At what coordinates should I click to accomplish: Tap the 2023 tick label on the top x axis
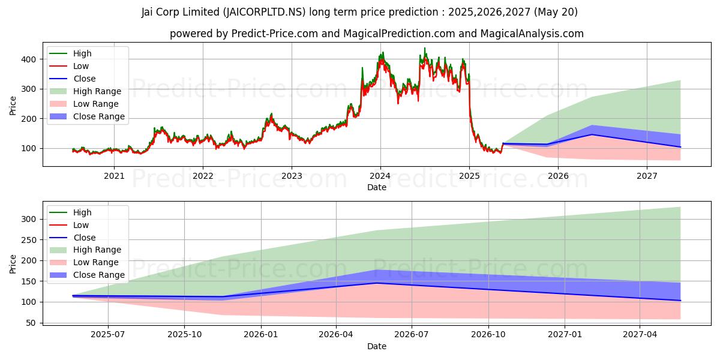[x=292, y=176]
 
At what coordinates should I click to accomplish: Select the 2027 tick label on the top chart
[x=647, y=176]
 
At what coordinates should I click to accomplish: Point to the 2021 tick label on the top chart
[x=114, y=176]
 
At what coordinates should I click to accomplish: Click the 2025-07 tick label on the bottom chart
[x=108, y=335]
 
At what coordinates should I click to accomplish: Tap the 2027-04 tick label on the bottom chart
[x=640, y=335]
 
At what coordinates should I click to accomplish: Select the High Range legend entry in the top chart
[x=97, y=91]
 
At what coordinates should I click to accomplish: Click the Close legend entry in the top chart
[x=85, y=79]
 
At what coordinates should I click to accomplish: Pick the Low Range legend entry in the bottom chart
[x=96, y=262]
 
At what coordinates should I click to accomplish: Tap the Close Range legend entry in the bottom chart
[x=99, y=275]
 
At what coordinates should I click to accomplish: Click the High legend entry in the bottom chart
[x=83, y=212]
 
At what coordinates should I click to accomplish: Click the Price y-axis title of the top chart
[x=13, y=106]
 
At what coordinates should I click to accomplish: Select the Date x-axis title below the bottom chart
[x=377, y=346]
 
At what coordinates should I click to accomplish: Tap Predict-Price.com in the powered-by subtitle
[x=275, y=34]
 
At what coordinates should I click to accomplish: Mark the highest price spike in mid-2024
[x=425, y=48]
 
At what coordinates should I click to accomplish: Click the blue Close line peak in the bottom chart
[x=376, y=283]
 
